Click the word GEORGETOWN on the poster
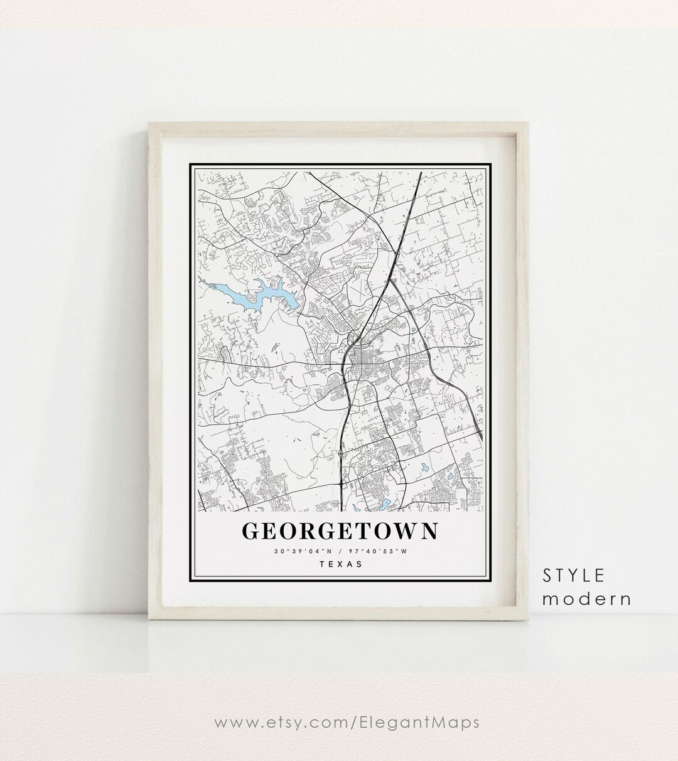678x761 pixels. [x=340, y=531]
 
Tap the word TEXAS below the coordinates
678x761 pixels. [x=341, y=564]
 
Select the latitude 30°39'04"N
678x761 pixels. [x=298, y=552]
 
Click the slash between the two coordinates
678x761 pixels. [x=340, y=552]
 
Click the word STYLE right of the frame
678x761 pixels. [x=574, y=575]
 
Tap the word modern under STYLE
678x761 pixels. [x=587, y=599]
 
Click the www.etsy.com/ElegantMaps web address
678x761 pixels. [x=347, y=723]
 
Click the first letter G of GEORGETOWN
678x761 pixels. [x=250, y=531]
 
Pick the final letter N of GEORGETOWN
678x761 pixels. [x=429, y=531]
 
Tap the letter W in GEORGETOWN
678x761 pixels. [x=404, y=531]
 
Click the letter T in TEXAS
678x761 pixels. [x=323, y=564]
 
